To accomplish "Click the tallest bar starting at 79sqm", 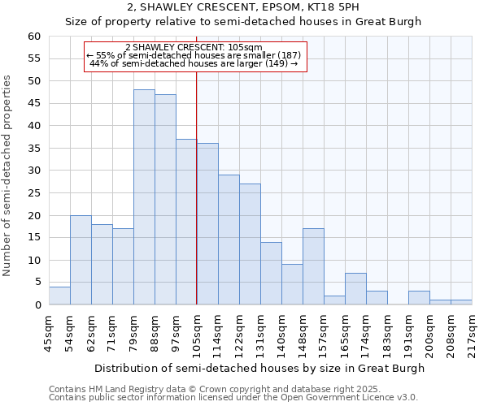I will pos(144,197).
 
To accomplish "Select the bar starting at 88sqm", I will pos(165,200).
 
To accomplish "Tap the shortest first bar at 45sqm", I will pos(59,296).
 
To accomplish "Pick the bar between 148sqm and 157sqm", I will pos(313,266).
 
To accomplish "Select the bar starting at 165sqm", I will pos(355,289).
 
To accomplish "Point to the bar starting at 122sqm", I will pos(250,244).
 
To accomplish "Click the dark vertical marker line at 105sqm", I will pos(197,187).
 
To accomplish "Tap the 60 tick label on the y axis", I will pos(33,37).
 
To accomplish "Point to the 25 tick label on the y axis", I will pos(33,193).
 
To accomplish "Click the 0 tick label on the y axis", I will pos(37,305).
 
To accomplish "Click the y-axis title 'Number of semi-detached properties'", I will pos(8,175).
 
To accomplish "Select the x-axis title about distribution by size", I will pos(259,368).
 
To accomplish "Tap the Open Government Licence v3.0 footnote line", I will pos(233,398).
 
